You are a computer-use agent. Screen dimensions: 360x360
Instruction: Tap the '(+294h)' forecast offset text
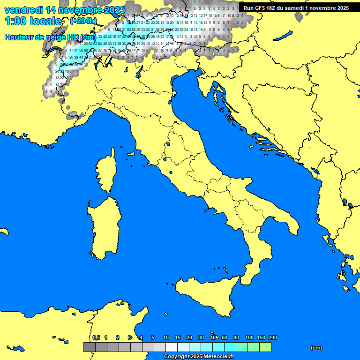point(83,21)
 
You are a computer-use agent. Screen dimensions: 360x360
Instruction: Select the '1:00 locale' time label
point(33,21)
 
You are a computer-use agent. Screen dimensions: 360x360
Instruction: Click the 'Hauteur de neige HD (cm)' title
point(50,37)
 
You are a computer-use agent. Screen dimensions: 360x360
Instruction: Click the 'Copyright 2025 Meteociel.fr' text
point(199,356)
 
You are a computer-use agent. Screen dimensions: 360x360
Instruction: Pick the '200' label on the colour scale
point(273,337)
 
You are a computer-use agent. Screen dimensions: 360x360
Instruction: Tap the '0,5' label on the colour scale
point(96,337)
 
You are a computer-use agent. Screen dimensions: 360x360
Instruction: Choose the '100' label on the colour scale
point(249,337)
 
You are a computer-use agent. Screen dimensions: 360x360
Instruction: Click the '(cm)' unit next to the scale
point(316,348)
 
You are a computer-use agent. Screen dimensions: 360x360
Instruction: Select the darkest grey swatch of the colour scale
point(89,347)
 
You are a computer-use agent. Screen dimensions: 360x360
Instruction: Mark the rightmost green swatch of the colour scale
point(265,347)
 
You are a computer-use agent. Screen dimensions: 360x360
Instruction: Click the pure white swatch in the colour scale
point(171,347)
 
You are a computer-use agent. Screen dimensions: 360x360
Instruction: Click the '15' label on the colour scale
point(178,337)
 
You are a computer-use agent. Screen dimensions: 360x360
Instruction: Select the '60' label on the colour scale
point(225,337)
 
